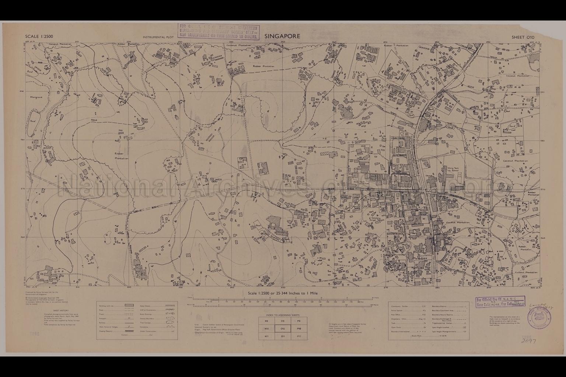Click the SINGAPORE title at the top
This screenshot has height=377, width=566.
click(x=282, y=36)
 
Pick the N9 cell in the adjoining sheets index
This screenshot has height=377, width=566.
click(x=266, y=321)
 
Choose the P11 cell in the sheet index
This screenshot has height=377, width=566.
click(x=298, y=337)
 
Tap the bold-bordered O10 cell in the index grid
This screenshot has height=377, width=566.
click(x=283, y=329)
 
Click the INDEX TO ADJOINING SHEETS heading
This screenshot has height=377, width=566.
click(x=283, y=316)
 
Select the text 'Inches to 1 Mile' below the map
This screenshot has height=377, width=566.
click(x=302, y=293)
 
